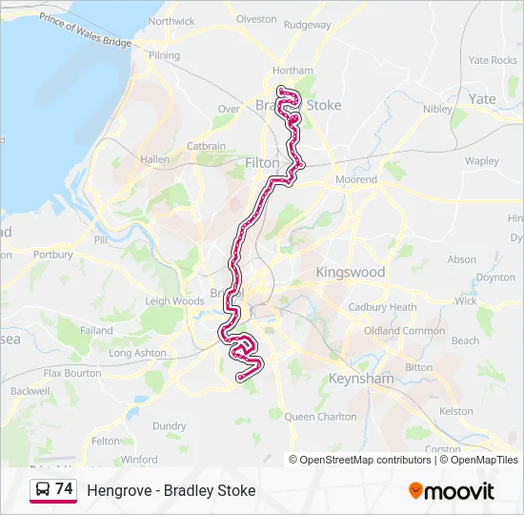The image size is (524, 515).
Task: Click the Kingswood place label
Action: click(x=351, y=272)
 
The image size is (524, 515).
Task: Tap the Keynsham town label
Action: click(x=361, y=379)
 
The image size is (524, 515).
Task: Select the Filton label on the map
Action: click(x=262, y=163)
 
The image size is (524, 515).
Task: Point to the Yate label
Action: click(x=482, y=98)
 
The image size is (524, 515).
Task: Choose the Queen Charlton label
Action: click(x=321, y=417)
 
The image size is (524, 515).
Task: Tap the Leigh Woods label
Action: click(x=174, y=301)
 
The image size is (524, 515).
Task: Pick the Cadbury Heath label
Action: click(x=383, y=307)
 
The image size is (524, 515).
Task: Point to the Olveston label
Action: click(x=255, y=19)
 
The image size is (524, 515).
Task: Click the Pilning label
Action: click(x=164, y=56)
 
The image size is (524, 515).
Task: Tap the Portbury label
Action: click(x=52, y=255)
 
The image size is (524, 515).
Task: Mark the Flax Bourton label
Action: click(x=72, y=373)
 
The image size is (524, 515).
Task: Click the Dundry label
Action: click(x=170, y=426)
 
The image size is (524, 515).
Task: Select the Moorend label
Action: click(x=357, y=179)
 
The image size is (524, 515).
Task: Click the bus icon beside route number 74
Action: click(x=43, y=489)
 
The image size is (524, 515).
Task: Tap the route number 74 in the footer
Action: click(x=64, y=489)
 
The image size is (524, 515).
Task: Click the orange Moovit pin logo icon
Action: click(x=415, y=491)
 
